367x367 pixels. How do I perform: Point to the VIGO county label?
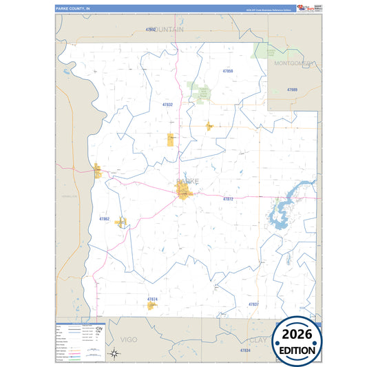(x=129, y=339)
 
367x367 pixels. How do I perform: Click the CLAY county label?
(x=258, y=340)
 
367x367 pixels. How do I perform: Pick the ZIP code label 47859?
(x=228, y=71)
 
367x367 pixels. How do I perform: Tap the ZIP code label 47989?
(x=292, y=90)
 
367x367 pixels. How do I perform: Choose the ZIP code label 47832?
(x=167, y=105)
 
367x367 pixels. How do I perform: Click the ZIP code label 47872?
(x=229, y=199)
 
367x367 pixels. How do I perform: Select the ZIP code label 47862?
(x=104, y=218)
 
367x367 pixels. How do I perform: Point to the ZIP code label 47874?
(x=152, y=299)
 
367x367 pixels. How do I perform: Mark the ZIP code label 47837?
(x=253, y=304)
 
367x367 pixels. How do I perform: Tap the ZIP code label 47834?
(x=245, y=351)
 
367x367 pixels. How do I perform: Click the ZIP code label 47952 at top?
(x=151, y=30)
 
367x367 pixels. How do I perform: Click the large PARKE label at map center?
(x=187, y=181)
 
